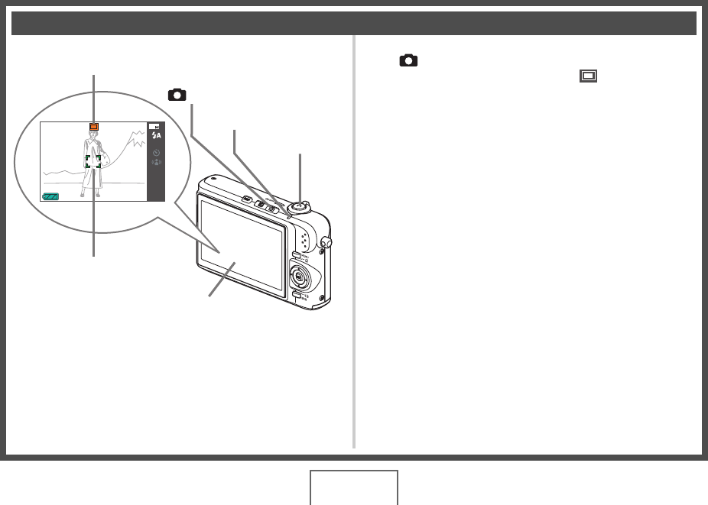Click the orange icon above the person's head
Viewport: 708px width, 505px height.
[x=93, y=127]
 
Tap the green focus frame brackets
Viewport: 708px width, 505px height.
[x=93, y=161]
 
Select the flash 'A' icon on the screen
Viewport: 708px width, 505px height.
[x=157, y=135]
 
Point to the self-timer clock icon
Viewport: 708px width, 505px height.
[x=156, y=151]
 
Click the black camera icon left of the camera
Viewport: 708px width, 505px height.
[x=177, y=95]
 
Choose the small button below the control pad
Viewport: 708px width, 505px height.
[x=295, y=293]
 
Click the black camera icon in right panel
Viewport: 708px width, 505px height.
[x=409, y=60]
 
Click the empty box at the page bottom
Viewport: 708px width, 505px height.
[x=354, y=488]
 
